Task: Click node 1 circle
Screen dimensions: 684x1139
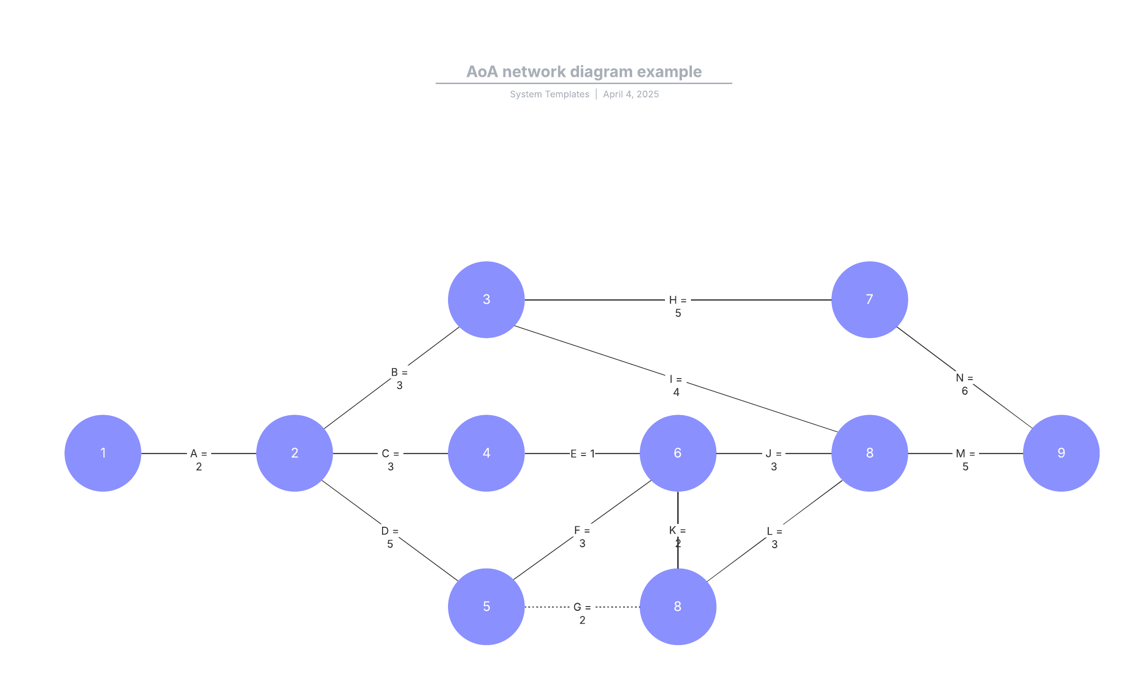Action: click(103, 453)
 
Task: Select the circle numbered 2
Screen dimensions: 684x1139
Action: click(295, 453)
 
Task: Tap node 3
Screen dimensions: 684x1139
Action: click(486, 300)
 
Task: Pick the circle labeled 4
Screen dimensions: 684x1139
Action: click(486, 453)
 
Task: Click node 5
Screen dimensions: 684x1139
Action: click(486, 607)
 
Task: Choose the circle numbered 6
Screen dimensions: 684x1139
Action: click(678, 453)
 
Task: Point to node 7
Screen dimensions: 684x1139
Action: click(869, 300)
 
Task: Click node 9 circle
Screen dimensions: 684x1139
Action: click(1061, 453)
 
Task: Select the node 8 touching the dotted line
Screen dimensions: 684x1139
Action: click(678, 607)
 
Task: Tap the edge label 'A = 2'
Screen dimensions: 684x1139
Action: click(199, 460)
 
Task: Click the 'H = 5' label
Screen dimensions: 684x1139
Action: click(678, 306)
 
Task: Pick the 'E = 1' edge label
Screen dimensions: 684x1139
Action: click(582, 454)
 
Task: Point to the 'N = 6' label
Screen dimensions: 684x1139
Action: click(964, 384)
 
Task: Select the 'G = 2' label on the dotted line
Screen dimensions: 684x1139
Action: click(582, 613)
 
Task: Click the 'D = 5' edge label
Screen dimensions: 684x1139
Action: click(390, 537)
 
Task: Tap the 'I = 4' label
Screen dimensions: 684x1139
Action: click(676, 386)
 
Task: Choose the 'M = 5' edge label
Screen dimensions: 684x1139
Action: click(965, 460)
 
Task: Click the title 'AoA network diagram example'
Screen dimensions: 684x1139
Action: click(584, 72)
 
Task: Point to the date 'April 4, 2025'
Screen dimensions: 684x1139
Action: click(631, 94)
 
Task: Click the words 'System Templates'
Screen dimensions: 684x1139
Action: click(550, 94)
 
